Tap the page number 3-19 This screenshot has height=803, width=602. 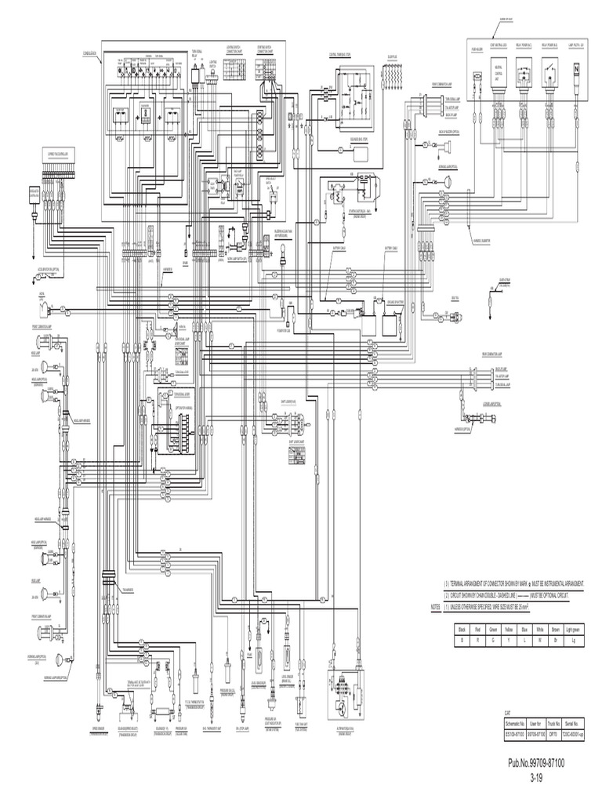[x=537, y=777]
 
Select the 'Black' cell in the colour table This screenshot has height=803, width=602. [x=463, y=629]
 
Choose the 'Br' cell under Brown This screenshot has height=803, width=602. [x=554, y=640]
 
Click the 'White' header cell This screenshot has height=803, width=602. [x=536, y=629]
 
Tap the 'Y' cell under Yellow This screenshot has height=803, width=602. [x=499, y=640]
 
